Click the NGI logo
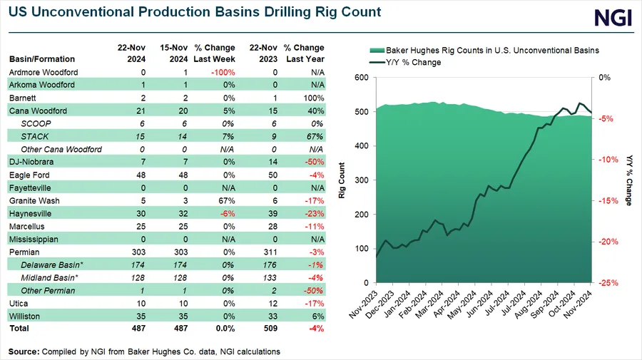coord(613,19)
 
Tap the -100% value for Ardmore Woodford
coord(224,72)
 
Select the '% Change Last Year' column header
coord(305,53)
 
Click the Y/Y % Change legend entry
coord(413,62)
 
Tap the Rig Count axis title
coord(342,180)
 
